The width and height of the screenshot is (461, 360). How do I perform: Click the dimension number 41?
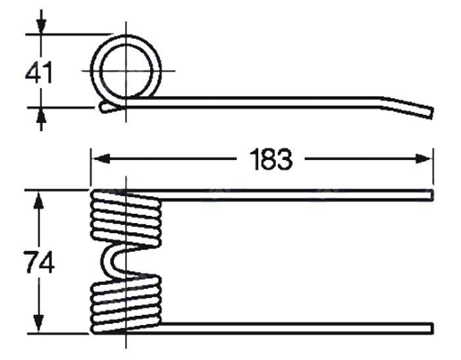coord(39,72)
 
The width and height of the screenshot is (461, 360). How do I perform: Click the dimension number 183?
coord(271,159)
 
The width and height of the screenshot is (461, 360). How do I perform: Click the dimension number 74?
coord(40,262)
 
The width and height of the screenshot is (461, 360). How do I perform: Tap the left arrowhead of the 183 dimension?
coord(101,159)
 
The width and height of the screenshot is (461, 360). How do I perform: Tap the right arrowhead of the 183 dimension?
coord(424,159)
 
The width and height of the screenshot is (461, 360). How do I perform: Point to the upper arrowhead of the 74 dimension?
coord(38,200)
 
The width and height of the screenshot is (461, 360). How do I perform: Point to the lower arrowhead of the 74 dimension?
coord(38,324)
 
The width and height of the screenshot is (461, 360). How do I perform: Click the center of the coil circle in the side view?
coord(126,71)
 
